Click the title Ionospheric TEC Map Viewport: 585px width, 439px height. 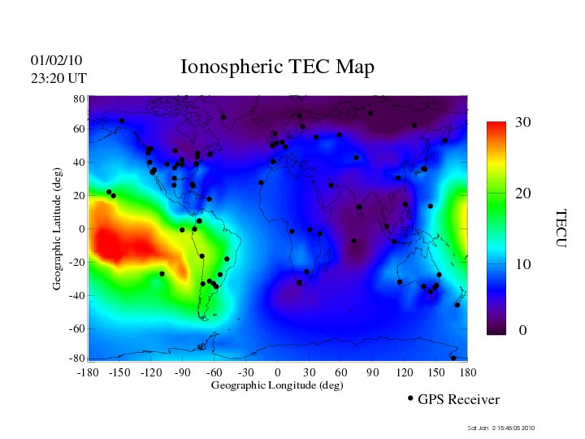(x=277, y=67)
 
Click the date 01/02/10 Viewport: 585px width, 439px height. (x=56, y=60)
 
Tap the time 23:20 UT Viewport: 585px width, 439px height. (x=58, y=78)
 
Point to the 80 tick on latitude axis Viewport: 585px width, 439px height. (x=80, y=98)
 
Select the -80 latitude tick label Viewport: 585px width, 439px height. (x=78, y=359)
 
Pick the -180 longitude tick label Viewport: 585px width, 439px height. (x=88, y=372)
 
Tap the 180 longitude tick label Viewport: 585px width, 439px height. (x=468, y=372)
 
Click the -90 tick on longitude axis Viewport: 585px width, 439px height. (x=183, y=372)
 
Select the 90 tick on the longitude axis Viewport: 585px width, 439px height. (x=373, y=372)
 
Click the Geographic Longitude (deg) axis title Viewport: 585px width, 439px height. (x=277, y=385)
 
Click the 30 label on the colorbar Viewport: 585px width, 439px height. (x=523, y=123)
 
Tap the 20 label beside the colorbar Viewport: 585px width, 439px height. (x=523, y=194)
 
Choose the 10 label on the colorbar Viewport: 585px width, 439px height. (x=523, y=264)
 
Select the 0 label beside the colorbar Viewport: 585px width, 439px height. (x=523, y=331)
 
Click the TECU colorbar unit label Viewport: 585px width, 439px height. (x=560, y=228)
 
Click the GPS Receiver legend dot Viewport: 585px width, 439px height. (x=410, y=398)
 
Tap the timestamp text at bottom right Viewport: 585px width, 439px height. (x=501, y=428)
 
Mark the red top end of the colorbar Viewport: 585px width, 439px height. (x=496, y=127)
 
